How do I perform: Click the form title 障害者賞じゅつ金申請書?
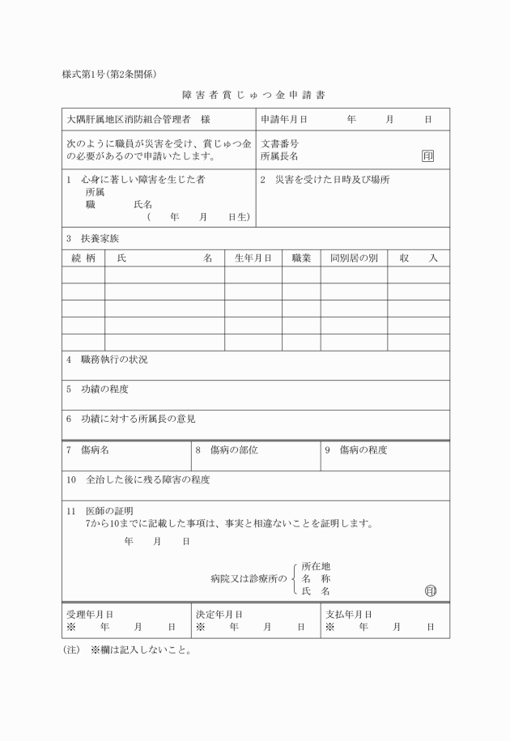click(255, 95)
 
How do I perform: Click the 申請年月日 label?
click(284, 119)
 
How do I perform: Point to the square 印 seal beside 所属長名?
click(427, 155)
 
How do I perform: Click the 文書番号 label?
click(279, 143)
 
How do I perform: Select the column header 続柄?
click(83, 258)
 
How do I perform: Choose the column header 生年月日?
click(253, 258)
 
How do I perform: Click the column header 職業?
click(301, 258)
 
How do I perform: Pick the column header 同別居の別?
click(354, 258)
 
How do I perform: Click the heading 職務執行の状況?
click(113, 359)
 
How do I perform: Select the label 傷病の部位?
click(234, 449)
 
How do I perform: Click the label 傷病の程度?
click(363, 449)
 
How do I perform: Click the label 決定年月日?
click(219, 615)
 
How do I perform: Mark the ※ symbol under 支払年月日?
click(330, 627)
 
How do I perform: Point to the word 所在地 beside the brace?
click(316, 566)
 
